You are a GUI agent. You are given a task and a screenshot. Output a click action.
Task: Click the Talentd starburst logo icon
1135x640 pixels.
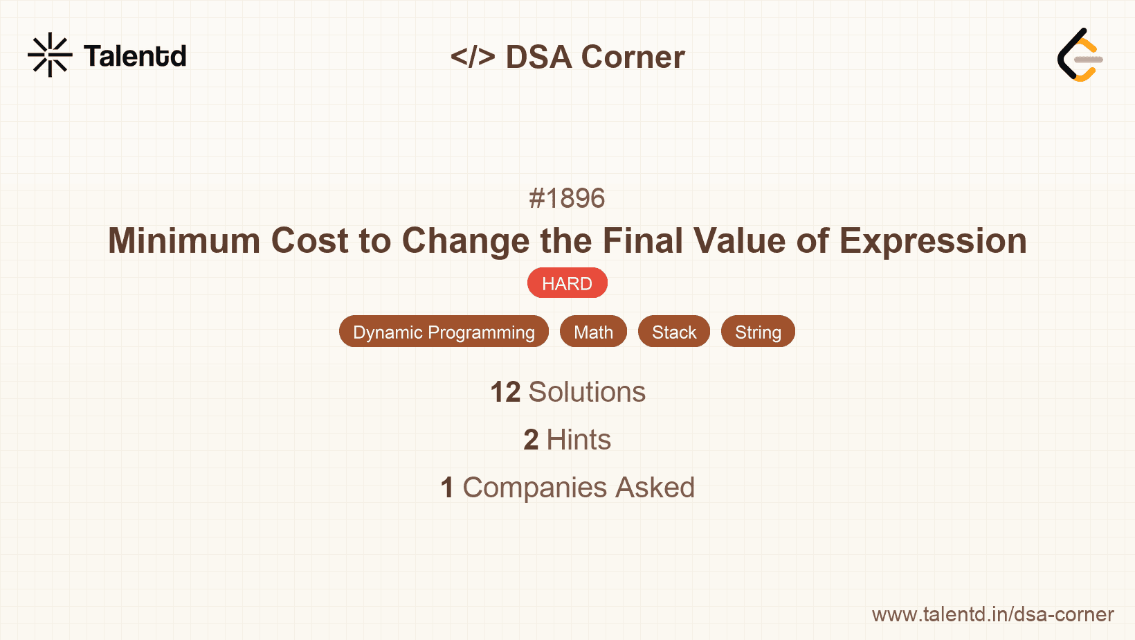click(50, 55)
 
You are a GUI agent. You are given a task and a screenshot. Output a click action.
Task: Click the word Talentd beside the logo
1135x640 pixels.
click(135, 56)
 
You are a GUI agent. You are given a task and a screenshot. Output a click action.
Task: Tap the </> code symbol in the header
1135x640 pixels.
click(473, 57)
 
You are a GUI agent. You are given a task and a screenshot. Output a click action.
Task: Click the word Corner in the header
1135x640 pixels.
click(633, 57)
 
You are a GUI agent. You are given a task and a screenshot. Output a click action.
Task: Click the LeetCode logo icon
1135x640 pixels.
click(1080, 55)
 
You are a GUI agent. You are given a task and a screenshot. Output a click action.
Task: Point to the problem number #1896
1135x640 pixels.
click(567, 199)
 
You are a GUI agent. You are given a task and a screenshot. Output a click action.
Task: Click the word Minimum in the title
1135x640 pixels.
click(183, 241)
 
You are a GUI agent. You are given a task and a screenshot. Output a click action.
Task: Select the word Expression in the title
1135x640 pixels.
click(933, 241)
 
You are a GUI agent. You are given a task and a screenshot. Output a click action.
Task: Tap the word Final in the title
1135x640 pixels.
click(642, 241)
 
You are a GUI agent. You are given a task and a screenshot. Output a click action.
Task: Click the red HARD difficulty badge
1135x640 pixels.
click(567, 283)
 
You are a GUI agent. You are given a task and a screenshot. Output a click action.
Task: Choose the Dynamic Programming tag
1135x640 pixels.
click(444, 332)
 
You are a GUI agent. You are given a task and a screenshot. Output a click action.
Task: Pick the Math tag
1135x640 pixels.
click(593, 332)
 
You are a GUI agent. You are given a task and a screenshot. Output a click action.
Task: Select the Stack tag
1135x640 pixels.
click(673, 332)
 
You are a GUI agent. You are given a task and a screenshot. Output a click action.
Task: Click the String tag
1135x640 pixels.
click(758, 332)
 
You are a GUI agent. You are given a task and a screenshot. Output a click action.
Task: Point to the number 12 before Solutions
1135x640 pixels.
click(505, 392)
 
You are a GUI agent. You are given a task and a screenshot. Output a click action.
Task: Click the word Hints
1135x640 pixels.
click(579, 440)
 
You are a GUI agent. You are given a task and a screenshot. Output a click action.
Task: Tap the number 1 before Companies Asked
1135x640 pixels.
click(447, 488)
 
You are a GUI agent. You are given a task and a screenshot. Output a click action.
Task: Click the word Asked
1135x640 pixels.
click(655, 488)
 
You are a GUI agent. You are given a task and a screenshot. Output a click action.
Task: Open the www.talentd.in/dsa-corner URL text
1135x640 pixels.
click(992, 614)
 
